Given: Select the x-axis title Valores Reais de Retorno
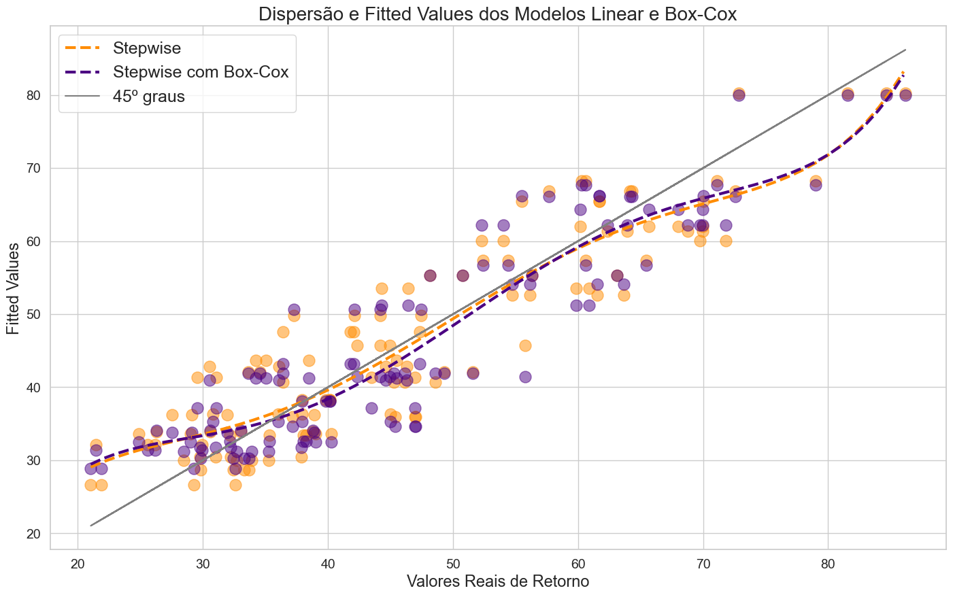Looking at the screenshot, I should (x=498, y=581).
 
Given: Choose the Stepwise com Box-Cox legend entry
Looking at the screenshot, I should (x=201, y=72).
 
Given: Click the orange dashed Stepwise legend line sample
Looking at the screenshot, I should (x=82, y=48).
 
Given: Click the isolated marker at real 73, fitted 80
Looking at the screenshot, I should (x=739, y=95).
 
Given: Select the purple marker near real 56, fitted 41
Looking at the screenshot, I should (x=525, y=377).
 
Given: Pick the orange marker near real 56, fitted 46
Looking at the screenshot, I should (x=525, y=345).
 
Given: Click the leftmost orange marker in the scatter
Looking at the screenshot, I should (x=90, y=485).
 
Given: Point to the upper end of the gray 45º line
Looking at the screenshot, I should (x=905, y=50).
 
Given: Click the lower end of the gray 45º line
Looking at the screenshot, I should (x=90, y=526).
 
